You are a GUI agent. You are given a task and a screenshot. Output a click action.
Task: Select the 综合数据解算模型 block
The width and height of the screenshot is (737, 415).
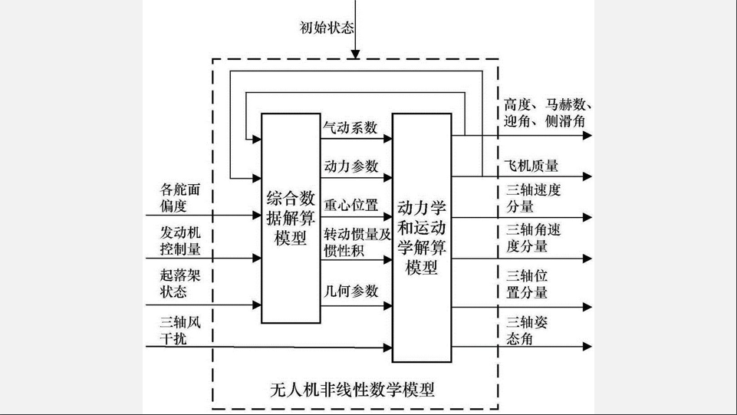click(x=290, y=217)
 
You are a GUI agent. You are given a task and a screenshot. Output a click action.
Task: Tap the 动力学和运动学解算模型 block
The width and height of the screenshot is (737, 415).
click(x=422, y=237)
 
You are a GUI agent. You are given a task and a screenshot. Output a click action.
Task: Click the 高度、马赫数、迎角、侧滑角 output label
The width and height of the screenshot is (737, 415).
click(x=545, y=113)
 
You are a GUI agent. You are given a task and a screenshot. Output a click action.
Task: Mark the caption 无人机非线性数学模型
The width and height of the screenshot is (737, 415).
click(x=353, y=390)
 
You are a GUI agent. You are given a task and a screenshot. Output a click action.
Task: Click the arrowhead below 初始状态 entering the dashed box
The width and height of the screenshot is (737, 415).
click(x=354, y=54)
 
